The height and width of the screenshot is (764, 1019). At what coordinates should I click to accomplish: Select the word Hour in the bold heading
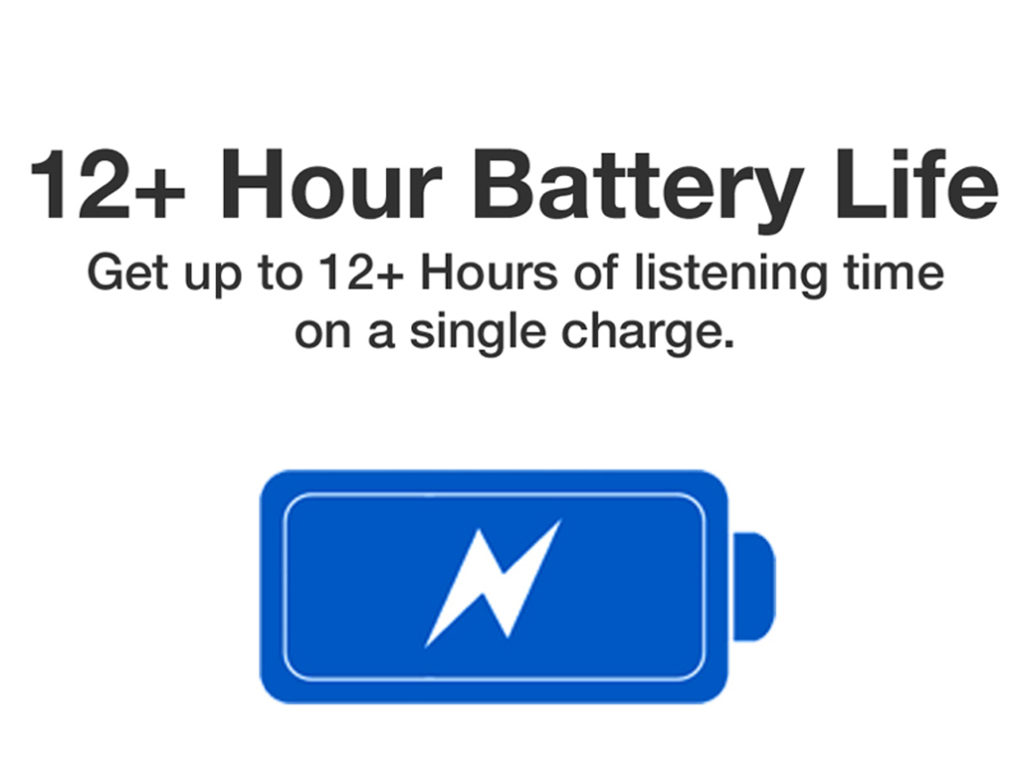pos(331,185)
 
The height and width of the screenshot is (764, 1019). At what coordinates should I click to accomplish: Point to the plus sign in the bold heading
pos(160,192)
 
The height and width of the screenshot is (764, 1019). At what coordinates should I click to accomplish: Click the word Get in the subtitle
pos(128,273)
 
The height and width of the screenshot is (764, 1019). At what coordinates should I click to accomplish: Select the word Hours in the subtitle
pos(489,273)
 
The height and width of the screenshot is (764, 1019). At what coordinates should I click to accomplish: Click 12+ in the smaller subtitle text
pos(360,273)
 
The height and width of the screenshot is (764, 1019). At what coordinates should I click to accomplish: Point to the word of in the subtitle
pos(595,272)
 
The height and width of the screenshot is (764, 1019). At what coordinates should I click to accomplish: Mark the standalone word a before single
pos(381,334)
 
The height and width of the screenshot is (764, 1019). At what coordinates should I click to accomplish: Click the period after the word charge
pos(728,345)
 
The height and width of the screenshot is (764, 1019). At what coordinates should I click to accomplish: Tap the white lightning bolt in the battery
pos(493,583)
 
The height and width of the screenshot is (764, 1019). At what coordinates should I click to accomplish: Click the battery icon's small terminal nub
pos(754,587)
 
